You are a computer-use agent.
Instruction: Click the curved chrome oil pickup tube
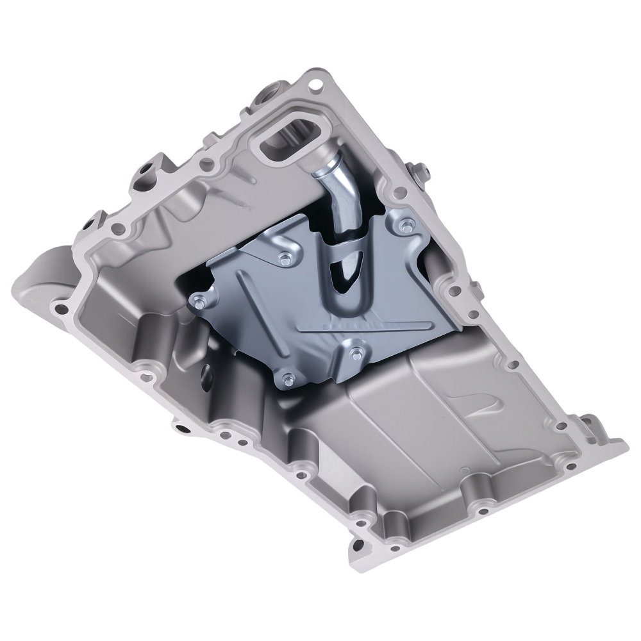pyautogui.click(x=333, y=192)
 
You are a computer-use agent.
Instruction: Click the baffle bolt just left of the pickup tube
pyautogui.click(x=285, y=258)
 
